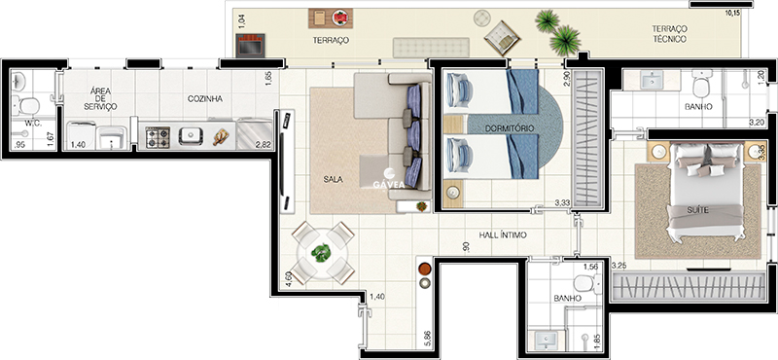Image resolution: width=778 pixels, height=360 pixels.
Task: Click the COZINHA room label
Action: click(x=205, y=99)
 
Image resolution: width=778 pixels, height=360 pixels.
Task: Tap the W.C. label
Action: click(x=33, y=124)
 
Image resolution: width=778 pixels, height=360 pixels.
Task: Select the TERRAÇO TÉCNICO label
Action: click(x=669, y=34)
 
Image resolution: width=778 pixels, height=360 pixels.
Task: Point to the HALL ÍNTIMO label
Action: click(x=503, y=234)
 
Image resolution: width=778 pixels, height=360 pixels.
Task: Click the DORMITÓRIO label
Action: click(x=510, y=128)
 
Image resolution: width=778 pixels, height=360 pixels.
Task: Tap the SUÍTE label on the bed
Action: click(x=697, y=210)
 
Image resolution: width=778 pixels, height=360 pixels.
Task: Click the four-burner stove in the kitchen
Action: click(x=158, y=137)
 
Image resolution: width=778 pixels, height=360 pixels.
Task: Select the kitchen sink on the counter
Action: click(x=192, y=136)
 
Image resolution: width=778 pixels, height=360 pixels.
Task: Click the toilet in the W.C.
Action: click(x=27, y=105)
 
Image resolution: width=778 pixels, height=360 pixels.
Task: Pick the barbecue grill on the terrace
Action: click(x=250, y=45)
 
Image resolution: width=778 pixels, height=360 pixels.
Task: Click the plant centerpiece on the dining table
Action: click(x=322, y=253)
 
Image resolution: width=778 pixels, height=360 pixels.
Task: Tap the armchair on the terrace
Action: click(x=502, y=38)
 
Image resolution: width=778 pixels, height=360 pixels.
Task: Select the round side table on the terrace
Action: click(x=481, y=18)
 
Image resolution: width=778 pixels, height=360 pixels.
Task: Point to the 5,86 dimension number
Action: click(x=427, y=340)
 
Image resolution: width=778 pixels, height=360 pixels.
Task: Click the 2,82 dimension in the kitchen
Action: click(x=263, y=145)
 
